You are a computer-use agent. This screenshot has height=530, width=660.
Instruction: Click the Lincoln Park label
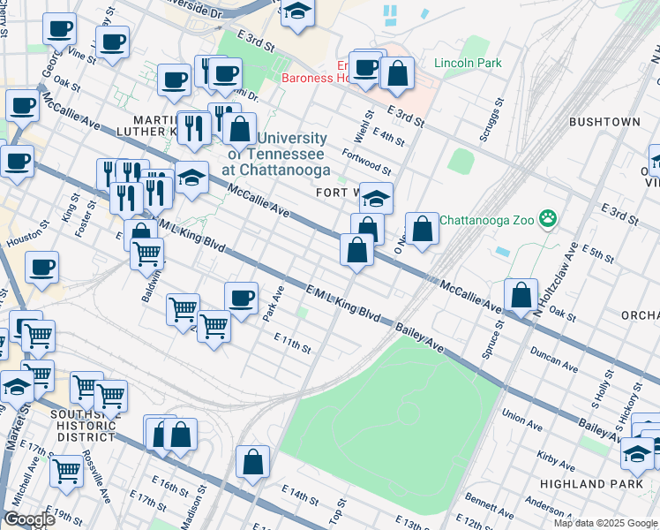467,64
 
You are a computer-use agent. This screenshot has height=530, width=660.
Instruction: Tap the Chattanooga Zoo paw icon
548,218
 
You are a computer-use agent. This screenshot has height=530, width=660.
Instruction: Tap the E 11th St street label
292,343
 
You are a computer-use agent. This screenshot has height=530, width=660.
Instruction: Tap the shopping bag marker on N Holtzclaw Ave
521,295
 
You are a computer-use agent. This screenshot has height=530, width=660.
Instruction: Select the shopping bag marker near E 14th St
253,462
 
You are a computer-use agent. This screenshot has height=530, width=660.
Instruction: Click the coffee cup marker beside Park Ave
241,298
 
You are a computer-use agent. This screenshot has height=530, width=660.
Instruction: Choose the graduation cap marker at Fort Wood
376,198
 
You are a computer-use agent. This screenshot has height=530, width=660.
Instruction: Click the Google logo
28,519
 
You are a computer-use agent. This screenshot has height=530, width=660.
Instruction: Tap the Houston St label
24,238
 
